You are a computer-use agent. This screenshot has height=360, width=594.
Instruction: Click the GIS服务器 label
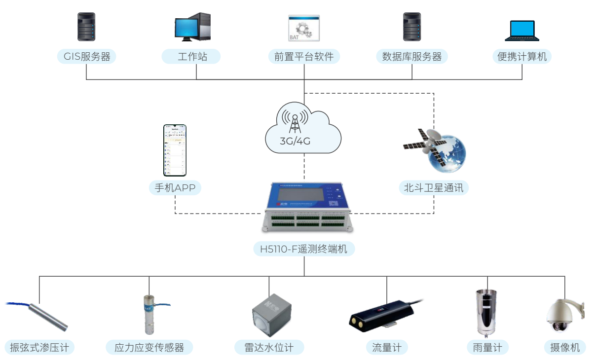87,56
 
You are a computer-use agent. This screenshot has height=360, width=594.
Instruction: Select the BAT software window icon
304,28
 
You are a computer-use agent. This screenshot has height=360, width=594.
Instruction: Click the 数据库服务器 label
412,56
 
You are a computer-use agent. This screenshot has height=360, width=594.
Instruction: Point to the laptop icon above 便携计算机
522,31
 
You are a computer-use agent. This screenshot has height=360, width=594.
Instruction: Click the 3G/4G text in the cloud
295,141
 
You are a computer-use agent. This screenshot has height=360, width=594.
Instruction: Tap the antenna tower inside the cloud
295,121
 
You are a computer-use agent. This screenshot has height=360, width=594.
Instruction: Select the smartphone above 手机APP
175,150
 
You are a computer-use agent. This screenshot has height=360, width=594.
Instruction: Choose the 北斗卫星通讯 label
434,188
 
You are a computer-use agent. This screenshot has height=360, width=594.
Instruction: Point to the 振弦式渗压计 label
39,347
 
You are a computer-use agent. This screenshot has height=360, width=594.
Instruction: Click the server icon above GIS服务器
86,27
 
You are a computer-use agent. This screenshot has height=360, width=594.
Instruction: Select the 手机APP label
175,188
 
